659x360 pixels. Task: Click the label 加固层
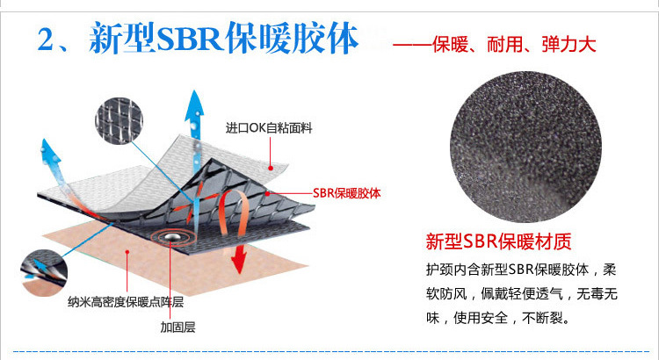(177, 328)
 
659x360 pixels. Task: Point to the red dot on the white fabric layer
(274, 166)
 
